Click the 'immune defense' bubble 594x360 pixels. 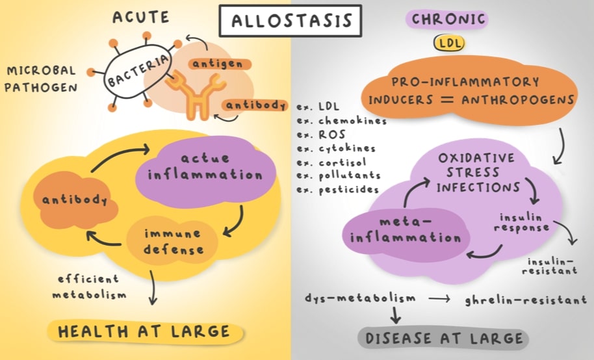[x=173, y=240]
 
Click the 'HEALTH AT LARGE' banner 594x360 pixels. [x=145, y=332]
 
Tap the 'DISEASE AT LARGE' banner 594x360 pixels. [x=444, y=338]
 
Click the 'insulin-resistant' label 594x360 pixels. [x=552, y=264]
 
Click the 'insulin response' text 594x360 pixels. [x=524, y=222]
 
